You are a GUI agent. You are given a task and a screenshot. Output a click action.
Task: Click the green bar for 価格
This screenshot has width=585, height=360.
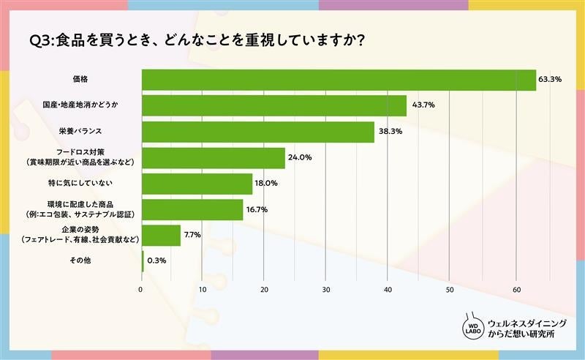click(338, 80)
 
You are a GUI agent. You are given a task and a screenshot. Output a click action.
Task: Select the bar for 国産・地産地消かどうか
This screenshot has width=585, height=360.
click(273, 106)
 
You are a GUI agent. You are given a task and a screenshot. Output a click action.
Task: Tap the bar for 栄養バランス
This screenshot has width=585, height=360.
click(257, 132)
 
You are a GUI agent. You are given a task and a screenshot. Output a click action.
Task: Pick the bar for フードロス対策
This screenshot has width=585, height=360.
click(213, 158)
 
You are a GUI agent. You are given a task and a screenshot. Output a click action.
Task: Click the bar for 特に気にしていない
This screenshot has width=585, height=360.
click(196, 184)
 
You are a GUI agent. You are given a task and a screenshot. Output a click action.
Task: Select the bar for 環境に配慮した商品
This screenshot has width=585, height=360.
click(192, 209)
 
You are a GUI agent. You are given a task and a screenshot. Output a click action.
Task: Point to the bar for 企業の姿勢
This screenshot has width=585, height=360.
click(160, 235)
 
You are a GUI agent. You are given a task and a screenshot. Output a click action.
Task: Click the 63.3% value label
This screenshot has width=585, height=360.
click(550, 80)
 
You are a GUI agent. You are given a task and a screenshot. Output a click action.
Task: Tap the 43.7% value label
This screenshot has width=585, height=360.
click(423, 106)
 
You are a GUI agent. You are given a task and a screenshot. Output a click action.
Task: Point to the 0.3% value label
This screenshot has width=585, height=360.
click(155, 260)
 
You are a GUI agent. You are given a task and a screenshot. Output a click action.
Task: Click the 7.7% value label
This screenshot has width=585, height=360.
click(193, 235)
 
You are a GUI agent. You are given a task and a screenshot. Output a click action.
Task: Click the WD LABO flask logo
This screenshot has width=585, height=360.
click(472, 326)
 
